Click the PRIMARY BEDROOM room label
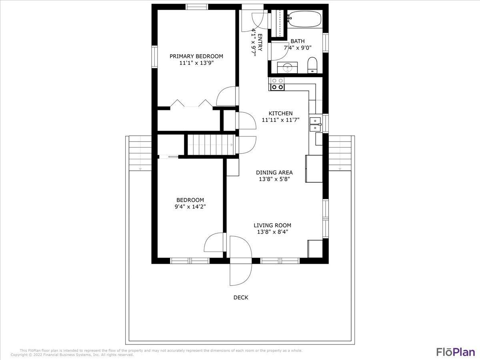click(196, 56)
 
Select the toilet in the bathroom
click(312, 65)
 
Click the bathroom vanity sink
click(288, 68)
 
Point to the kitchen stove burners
click(278, 84)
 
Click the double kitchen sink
click(315, 124)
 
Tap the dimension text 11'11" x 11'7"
click(280, 120)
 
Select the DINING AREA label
click(274, 172)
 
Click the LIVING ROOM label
click(272, 225)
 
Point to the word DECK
click(241, 297)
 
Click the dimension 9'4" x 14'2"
click(190, 207)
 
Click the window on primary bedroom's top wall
click(197, 7)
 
